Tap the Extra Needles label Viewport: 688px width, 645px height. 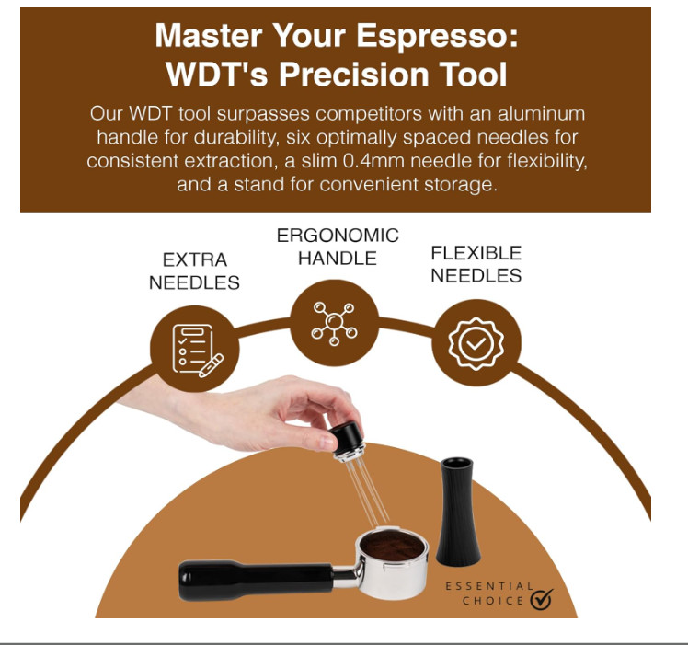pos(194,271)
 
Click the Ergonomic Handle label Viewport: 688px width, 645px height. pos(338,247)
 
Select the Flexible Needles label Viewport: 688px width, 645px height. pos(476,263)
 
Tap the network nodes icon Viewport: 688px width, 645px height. pos(335,323)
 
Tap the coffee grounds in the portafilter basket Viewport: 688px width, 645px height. pos(393,547)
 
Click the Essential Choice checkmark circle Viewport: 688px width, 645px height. pos(542,599)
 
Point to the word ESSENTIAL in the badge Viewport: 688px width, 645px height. pos(488,585)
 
